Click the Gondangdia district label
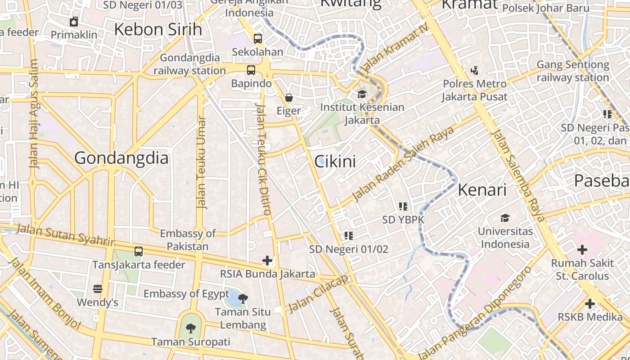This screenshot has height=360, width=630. [x=121, y=158]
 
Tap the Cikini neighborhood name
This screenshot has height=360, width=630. [x=335, y=162]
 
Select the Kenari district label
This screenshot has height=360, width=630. [x=482, y=190]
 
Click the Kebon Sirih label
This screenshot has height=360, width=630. [x=158, y=30]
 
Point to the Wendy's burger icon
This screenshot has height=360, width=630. [x=98, y=289]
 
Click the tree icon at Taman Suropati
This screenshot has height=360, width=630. [x=191, y=328]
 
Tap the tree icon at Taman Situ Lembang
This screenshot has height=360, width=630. [x=243, y=298]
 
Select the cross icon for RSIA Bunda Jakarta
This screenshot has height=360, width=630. [x=267, y=260]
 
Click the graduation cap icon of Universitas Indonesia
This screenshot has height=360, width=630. [x=505, y=218]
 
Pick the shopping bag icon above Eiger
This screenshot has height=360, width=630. [x=288, y=98]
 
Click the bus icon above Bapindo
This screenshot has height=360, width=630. [x=251, y=70]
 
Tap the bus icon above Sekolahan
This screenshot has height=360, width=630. [x=257, y=39]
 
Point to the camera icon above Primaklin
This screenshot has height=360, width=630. [x=74, y=22]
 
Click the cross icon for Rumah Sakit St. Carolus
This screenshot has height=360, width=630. [x=582, y=250]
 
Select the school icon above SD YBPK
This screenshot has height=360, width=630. [x=403, y=207]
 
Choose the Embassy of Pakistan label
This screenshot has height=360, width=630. [x=188, y=240]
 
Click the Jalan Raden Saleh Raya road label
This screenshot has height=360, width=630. [x=403, y=163]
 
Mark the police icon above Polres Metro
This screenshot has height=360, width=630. [x=474, y=70]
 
